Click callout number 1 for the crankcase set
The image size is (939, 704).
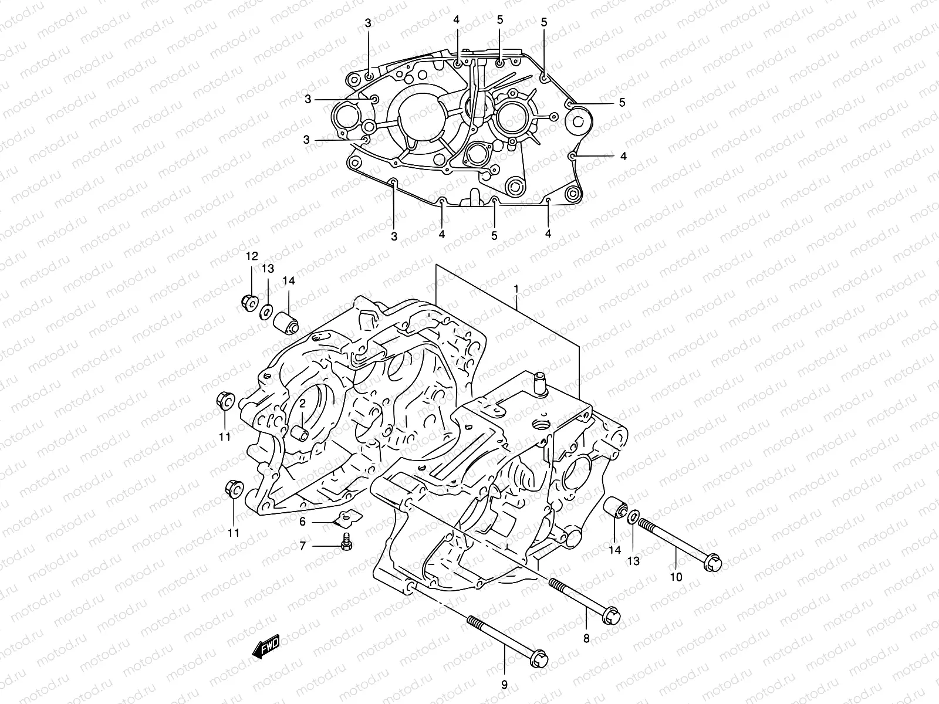516,289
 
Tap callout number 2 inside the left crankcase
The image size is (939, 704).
303,404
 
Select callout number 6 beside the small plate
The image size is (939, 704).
303,522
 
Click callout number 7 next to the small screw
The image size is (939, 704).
303,546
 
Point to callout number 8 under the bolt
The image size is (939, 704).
587,638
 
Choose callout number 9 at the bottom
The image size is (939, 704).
504,683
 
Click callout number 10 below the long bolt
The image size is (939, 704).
676,577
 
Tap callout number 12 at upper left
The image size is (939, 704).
252,256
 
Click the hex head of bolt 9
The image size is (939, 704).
538,659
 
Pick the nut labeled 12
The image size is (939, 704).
248,302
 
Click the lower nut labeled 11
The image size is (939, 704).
233,489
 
